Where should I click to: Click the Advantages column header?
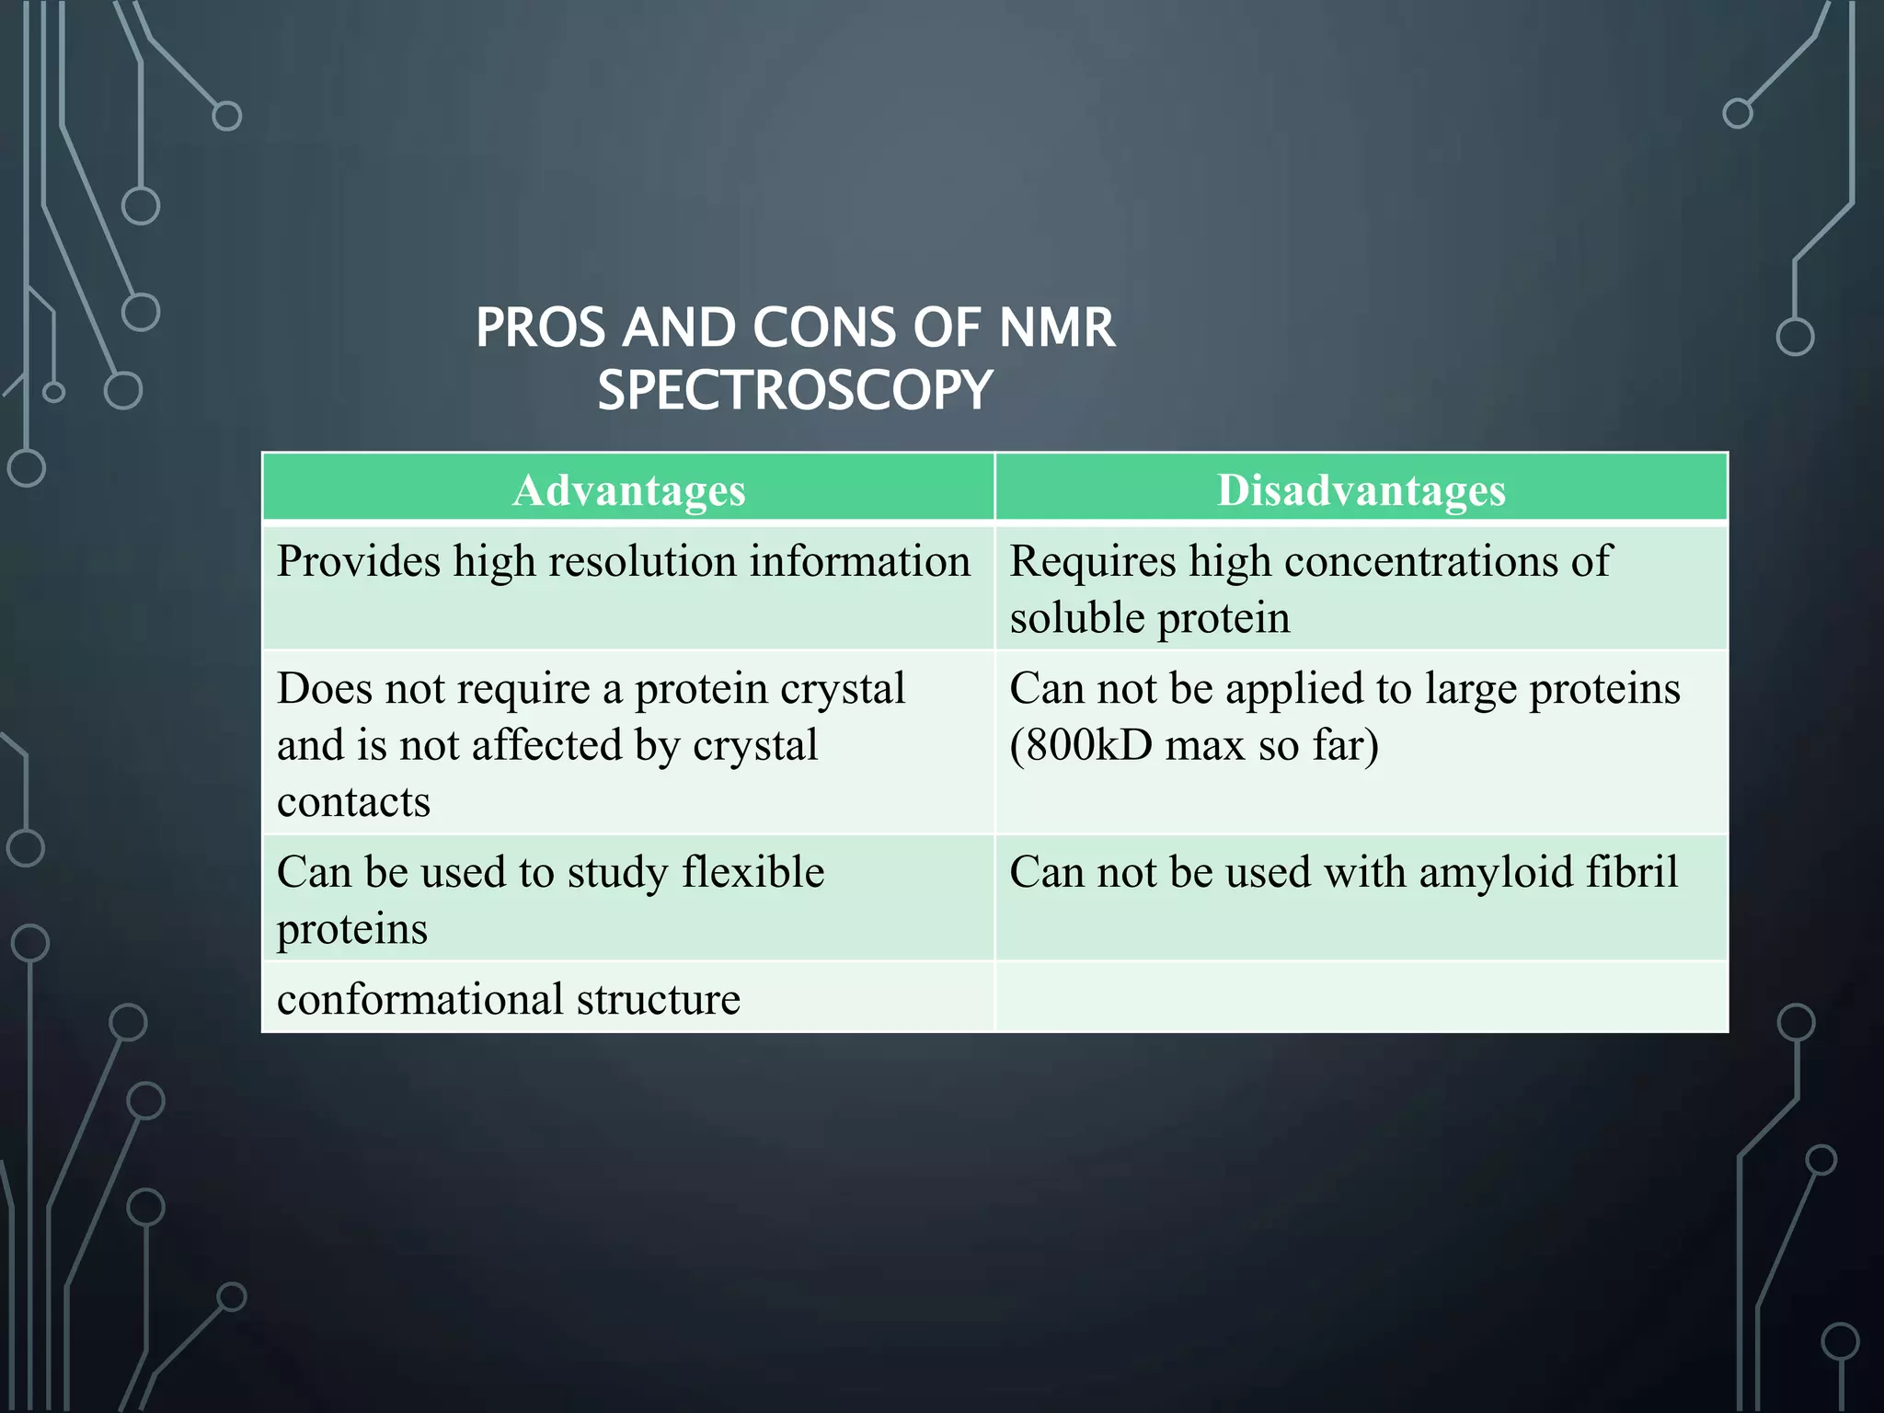coord(628,489)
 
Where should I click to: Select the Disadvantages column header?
coord(1361,489)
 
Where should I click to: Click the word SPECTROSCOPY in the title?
coord(795,389)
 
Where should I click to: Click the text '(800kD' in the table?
coord(1080,745)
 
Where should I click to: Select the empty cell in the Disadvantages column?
coord(1361,997)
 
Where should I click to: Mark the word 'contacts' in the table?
coord(353,802)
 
